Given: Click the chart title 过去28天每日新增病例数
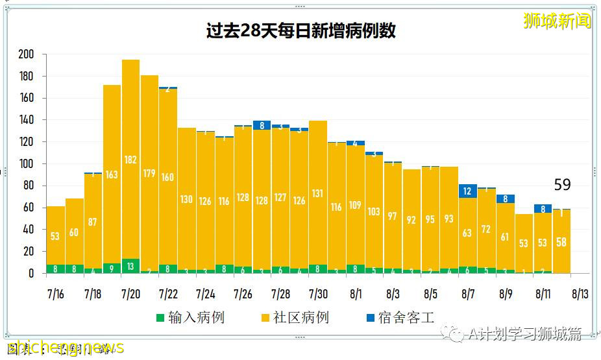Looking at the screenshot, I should tap(300, 31).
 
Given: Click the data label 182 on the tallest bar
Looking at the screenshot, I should tap(130, 160).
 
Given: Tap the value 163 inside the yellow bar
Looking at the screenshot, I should tap(112, 174).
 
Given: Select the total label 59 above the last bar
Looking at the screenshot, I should tap(562, 186).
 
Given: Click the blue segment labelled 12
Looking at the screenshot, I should tap(467, 191).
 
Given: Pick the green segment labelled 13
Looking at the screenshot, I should tap(130, 265).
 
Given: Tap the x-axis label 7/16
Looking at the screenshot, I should tap(55, 294).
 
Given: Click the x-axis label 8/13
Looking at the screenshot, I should tap(580, 294).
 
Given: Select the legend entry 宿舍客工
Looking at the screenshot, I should tap(400, 318).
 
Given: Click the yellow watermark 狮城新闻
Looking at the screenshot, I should tap(558, 21).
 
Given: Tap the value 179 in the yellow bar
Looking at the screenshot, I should tap(149, 173).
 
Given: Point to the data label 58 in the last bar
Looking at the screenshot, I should tap(561, 241).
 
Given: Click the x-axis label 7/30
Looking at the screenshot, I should tap(317, 294).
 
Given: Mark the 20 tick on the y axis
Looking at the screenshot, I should tap(27, 252).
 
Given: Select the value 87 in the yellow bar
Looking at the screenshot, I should tap(93, 222).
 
